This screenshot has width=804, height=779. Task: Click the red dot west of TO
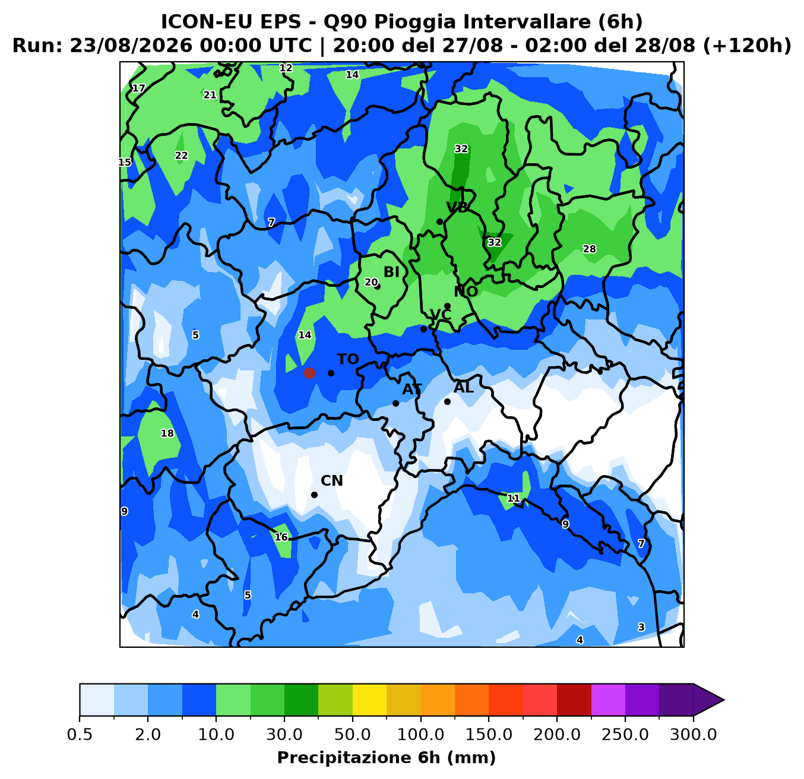tap(309, 373)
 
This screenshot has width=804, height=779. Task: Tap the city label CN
tap(332, 481)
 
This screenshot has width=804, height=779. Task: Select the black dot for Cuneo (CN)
tap(314, 495)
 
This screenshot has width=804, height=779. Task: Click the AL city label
tap(464, 388)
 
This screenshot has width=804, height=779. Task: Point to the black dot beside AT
tap(395, 403)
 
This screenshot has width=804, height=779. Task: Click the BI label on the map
tap(391, 272)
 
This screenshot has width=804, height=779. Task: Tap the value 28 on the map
tap(589, 249)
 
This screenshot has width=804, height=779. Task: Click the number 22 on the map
tap(181, 156)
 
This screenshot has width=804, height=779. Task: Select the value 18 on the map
tap(167, 433)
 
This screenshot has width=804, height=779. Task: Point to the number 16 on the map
tap(281, 537)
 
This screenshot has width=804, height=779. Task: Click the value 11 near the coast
tap(513, 498)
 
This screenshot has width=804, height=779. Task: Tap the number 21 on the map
tap(210, 95)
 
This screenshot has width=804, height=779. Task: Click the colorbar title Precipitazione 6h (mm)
tap(387, 758)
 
